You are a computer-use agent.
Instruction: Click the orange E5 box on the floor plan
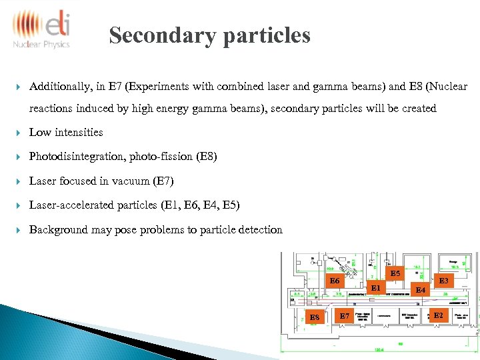click(x=395, y=273)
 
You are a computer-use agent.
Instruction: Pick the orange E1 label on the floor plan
click(x=375, y=288)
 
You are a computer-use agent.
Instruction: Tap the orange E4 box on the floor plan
click(x=420, y=290)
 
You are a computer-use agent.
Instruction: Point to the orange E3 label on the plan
click(x=443, y=281)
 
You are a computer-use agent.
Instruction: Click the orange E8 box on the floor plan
click(x=315, y=317)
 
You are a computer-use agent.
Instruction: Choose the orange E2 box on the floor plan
click(x=438, y=315)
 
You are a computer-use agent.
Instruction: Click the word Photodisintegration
click(x=72, y=157)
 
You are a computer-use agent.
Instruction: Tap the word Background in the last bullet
click(x=59, y=229)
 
